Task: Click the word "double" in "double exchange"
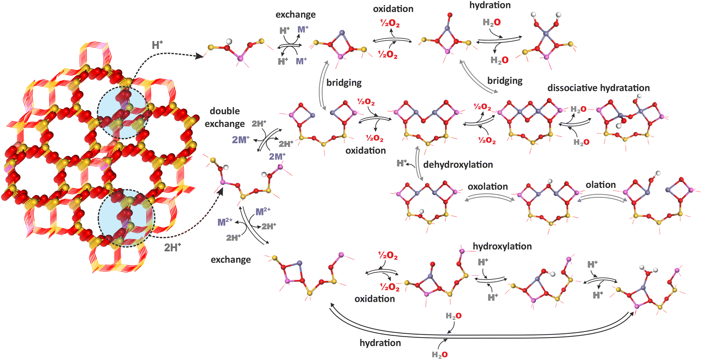[x=225, y=111]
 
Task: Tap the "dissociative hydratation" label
[x=598, y=88]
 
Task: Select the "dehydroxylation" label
[x=458, y=164]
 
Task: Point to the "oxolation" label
[x=488, y=186]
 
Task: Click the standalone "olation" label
[x=600, y=185]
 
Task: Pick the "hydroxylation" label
[x=502, y=246]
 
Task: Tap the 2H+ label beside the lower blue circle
[x=172, y=247]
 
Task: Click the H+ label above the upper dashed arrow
[x=157, y=45]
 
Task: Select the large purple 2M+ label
[x=241, y=140]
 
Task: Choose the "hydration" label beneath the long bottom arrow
[x=380, y=343]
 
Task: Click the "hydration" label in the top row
[x=490, y=5]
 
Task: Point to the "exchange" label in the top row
[x=295, y=14]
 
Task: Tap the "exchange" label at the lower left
[x=231, y=260]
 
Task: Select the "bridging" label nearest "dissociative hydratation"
[x=505, y=81]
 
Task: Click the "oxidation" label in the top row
[x=393, y=9]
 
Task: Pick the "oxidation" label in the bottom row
[x=374, y=299]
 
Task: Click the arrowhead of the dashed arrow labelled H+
[x=199, y=57]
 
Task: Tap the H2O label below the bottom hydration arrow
[x=439, y=354]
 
